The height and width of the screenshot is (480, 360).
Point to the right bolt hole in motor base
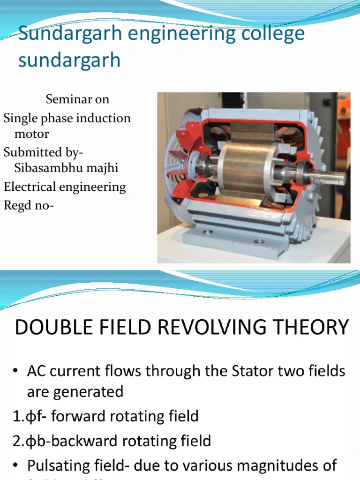coord(258,241)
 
